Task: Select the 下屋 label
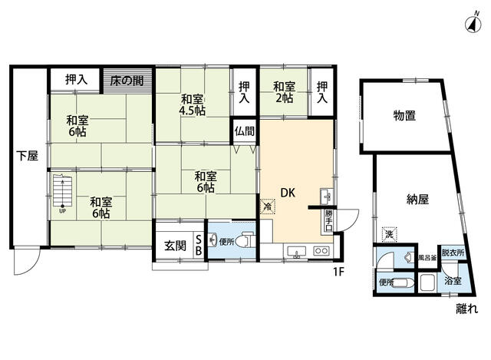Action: click(28, 157)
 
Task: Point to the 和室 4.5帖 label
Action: click(193, 104)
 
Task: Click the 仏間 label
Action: click(245, 132)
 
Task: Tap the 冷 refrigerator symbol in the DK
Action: click(267, 206)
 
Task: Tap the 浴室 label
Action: click(453, 282)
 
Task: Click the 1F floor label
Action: click(339, 270)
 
